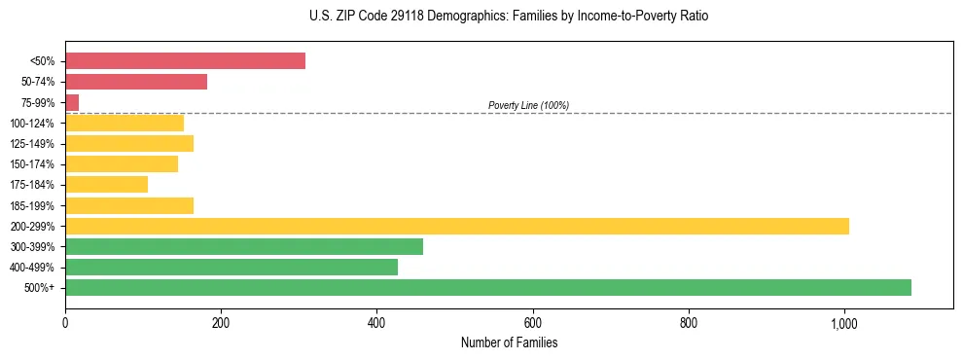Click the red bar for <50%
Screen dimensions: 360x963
pos(185,61)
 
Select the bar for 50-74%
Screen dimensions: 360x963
pos(136,82)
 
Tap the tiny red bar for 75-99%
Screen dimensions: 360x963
pos(72,102)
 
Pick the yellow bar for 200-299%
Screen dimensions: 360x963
pos(457,226)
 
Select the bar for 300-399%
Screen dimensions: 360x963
pos(244,246)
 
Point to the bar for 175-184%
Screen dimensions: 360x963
pos(106,185)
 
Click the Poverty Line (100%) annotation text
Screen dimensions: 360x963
pos(528,105)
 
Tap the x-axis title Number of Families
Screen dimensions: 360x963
pos(509,342)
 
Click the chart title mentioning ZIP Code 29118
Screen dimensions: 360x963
pos(510,17)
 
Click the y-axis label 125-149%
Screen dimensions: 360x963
pos(33,144)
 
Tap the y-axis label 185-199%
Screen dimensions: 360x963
pos(33,205)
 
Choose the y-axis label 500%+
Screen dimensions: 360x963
pos(40,288)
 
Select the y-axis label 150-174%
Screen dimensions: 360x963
pos(33,164)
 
